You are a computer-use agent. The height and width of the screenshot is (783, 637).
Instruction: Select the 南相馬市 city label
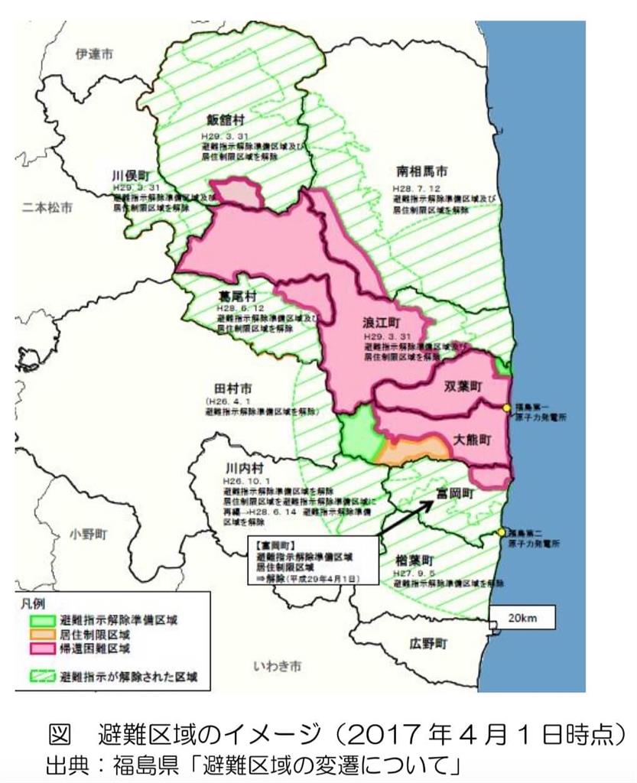point(421,171)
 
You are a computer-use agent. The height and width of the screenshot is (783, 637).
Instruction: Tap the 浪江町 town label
point(378,323)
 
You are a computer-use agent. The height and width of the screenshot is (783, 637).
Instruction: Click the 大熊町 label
point(470,440)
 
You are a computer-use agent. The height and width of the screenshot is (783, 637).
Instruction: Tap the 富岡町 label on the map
point(453,493)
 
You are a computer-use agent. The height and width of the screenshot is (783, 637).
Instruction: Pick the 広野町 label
point(426,642)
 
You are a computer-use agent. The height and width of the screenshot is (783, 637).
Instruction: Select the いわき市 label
point(277,666)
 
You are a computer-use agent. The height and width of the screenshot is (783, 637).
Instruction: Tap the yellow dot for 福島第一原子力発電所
point(505,408)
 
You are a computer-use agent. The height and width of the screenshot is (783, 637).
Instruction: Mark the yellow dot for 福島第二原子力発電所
point(501,532)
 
